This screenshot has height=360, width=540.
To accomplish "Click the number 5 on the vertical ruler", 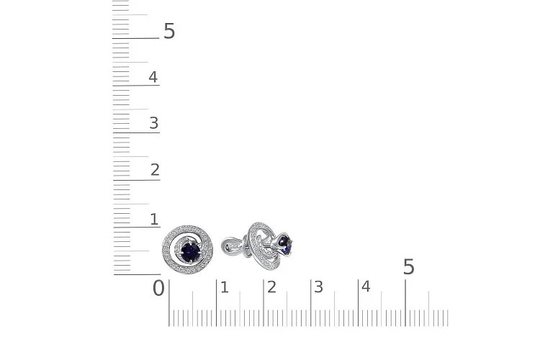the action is (x=169, y=31).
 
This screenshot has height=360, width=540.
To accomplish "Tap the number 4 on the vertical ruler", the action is (x=153, y=77).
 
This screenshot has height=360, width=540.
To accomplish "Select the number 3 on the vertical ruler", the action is (x=153, y=123).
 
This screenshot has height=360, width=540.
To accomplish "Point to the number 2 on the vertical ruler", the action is (x=155, y=170).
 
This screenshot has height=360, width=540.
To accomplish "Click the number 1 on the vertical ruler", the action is (x=154, y=220).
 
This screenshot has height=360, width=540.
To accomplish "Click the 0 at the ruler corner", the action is (x=158, y=288).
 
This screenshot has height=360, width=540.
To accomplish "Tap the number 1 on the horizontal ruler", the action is (x=225, y=287).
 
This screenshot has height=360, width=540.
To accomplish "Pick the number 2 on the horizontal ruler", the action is (x=271, y=287).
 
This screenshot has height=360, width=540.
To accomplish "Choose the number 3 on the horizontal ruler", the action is (x=318, y=287).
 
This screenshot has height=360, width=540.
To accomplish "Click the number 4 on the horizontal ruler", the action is (x=366, y=287).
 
